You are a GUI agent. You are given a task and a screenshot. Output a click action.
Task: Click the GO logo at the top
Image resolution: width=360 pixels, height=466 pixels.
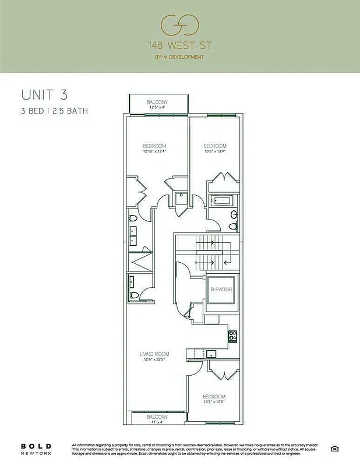pyautogui.click(x=180, y=25)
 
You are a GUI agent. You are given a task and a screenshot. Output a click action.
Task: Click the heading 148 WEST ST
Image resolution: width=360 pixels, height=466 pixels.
pyautogui.click(x=180, y=45)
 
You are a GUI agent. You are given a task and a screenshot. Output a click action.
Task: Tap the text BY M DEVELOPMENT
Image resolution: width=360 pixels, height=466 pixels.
pyautogui.click(x=180, y=57)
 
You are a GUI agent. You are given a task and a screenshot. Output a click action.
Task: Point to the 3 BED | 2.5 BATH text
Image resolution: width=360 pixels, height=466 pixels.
pyautogui.click(x=54, y=111)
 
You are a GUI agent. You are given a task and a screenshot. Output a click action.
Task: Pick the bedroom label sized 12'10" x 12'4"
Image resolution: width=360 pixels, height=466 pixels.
pyautogui.click(x=155, y=149)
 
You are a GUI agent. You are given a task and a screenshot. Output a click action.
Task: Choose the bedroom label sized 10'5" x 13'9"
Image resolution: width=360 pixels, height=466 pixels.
pyautogui.click(x=215, y=149)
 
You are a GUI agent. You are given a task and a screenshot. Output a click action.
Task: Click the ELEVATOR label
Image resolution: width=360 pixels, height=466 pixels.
pyautogui.click(x=221, y=290)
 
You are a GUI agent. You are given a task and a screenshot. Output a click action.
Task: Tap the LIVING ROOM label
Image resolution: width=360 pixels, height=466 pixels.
pyautogui.click(x=154, y=356)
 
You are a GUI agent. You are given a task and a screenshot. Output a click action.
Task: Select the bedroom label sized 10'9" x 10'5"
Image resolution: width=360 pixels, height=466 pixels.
pyautogui.click(x=215, y=399)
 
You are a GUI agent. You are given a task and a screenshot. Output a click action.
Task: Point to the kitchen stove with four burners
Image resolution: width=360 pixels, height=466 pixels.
pyautogui.click(x=232, y=336)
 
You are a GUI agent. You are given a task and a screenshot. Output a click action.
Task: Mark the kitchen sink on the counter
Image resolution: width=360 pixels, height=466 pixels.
pyautogui.click(x=211, y=353)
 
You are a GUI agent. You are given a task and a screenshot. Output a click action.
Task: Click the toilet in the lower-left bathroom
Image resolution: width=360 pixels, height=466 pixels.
pyautogui.click(x=133, y=295)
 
